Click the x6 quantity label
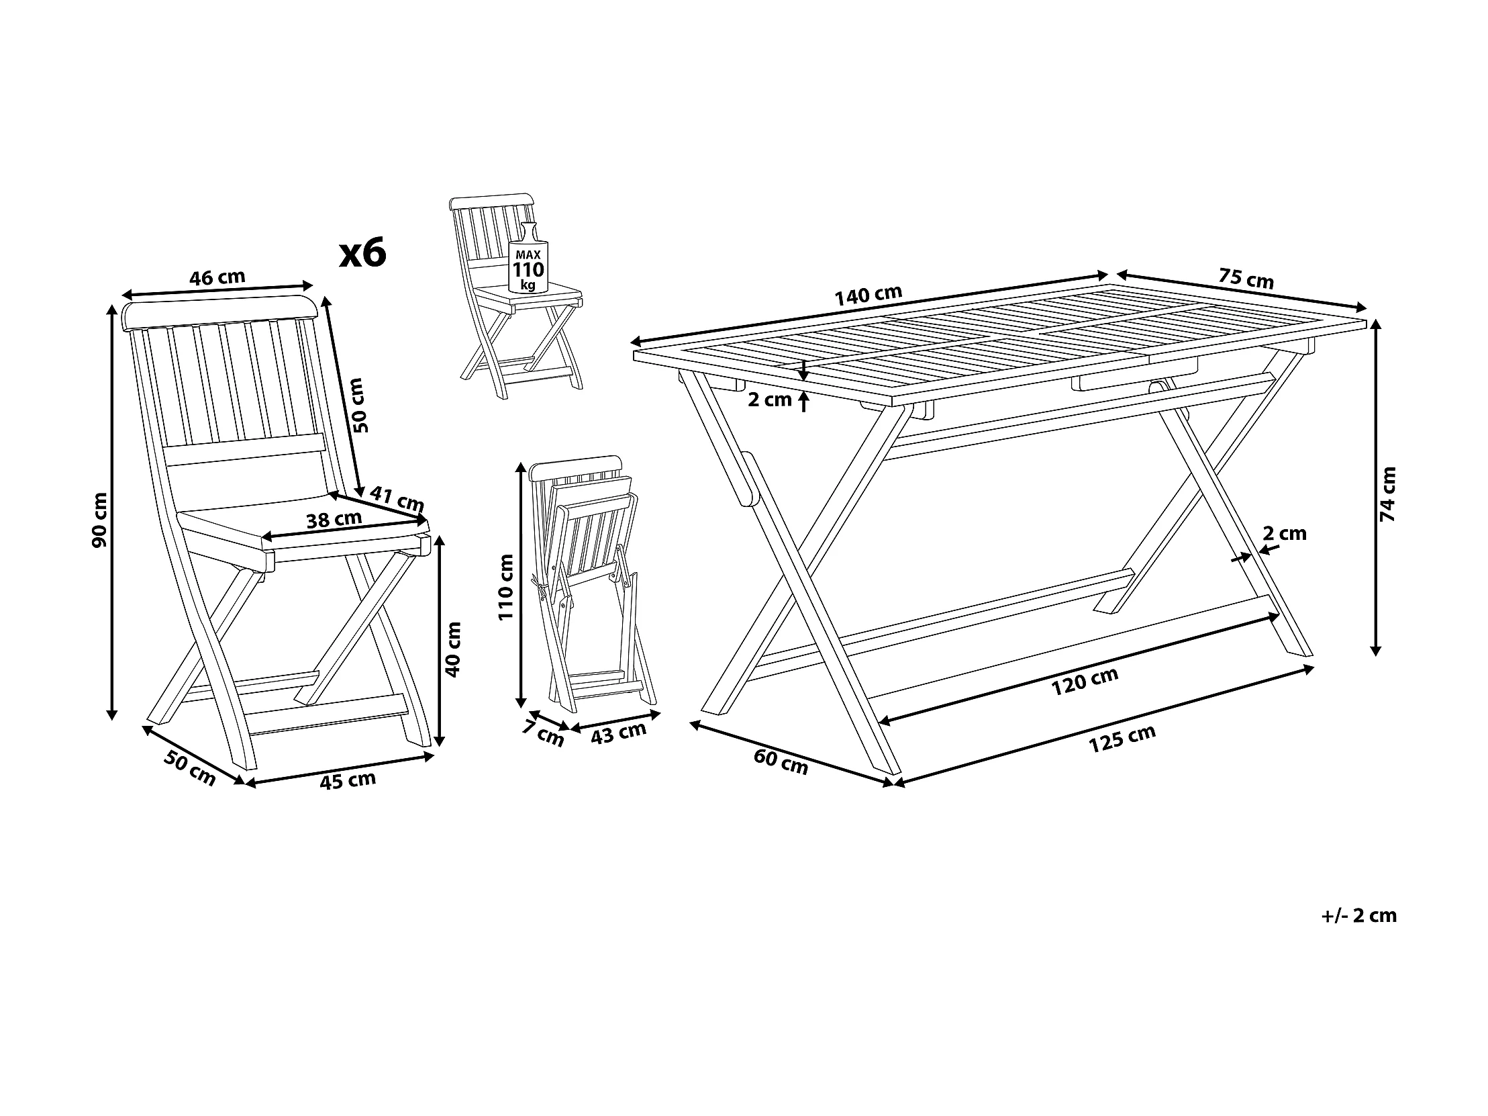pyautogui.click(x=362, y=254)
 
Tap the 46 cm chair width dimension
pyautogui.click(x=217, y=277)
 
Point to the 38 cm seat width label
pyautogui.click(x=334, y=520)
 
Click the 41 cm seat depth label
pyautogui.click(x=397, y=499)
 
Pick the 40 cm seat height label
pyautogui.click(x=454, y=649)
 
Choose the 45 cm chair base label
pyautogui.click(x=347, y=781)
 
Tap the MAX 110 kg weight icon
pyautogui.click(x=528, y=268)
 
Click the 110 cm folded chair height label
pyautogui.click(x=506, y=586)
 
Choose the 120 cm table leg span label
pyautogui.click(x=1085, y=681)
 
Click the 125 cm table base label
pyautogui.click(x=1122, y=739)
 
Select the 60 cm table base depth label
pyautogui.click(x=781, y=761)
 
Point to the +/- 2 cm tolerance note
pyautogui.click(x=1359, y=915)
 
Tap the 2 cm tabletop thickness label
pyautogui.click(x=770, y=400)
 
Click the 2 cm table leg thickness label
pyautogui.click(x=1284, y=534)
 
